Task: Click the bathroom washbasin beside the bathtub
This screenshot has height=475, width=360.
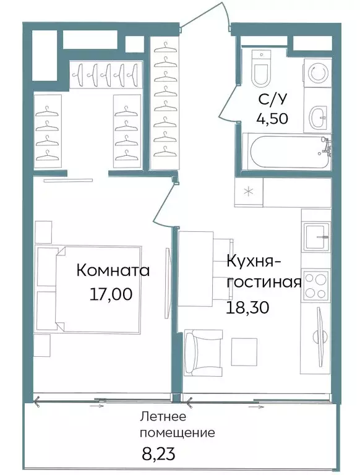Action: [x=318, y=116]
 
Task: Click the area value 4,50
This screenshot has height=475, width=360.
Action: [x=272, y=119]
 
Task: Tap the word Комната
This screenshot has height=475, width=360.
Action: [x=113, y=271]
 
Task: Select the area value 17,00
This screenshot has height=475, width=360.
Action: [x=111, y=294]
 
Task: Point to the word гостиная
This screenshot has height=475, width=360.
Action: [x=264, y=283]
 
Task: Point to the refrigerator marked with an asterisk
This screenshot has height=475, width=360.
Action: [x=249, y=192]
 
